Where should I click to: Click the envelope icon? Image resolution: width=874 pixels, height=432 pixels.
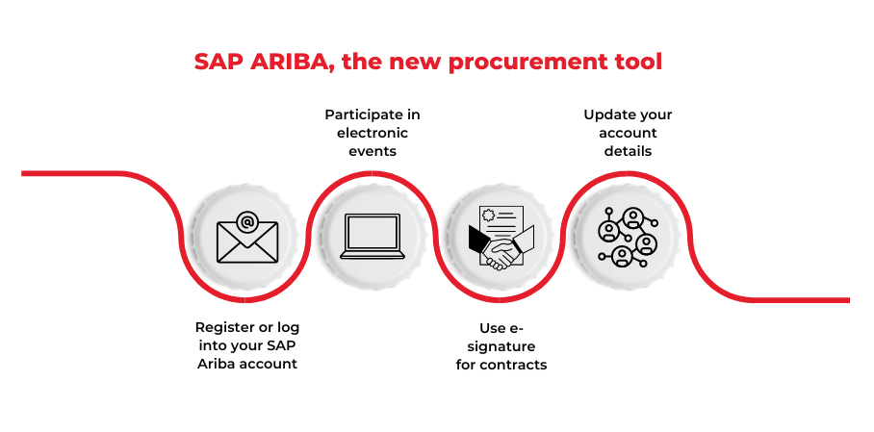247,240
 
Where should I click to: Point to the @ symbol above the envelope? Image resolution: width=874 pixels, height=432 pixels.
247,223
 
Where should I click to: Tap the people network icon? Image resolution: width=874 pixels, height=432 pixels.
627,237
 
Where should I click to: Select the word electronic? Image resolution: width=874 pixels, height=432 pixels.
373,133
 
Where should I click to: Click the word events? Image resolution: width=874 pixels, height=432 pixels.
373,151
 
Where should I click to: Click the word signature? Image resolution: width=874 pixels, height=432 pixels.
501,345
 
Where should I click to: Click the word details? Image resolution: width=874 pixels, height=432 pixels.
628,151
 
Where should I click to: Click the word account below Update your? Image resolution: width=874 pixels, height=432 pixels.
628,133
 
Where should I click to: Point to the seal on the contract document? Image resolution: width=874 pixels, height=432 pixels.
488,216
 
